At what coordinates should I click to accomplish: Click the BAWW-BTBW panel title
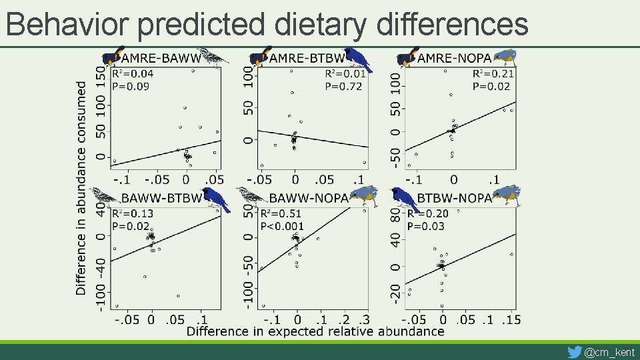(x=161, y=198)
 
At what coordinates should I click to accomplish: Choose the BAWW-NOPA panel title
(x=309, y=198)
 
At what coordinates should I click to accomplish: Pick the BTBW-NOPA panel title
(x=455, y=198)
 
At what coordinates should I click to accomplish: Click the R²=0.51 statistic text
(x=281, y=214)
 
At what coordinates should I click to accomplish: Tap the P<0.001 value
(x=282, y=227)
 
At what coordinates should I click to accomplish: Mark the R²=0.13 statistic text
(x=133, y=214)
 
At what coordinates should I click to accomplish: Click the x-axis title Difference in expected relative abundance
(x=315, y=331)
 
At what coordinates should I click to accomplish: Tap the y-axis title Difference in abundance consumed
(x=81, y=188)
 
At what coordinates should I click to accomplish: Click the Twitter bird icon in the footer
(x=573, y=351)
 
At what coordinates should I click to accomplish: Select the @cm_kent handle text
(x=609, y=351)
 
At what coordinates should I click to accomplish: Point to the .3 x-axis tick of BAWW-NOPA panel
(x=364, y=320)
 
